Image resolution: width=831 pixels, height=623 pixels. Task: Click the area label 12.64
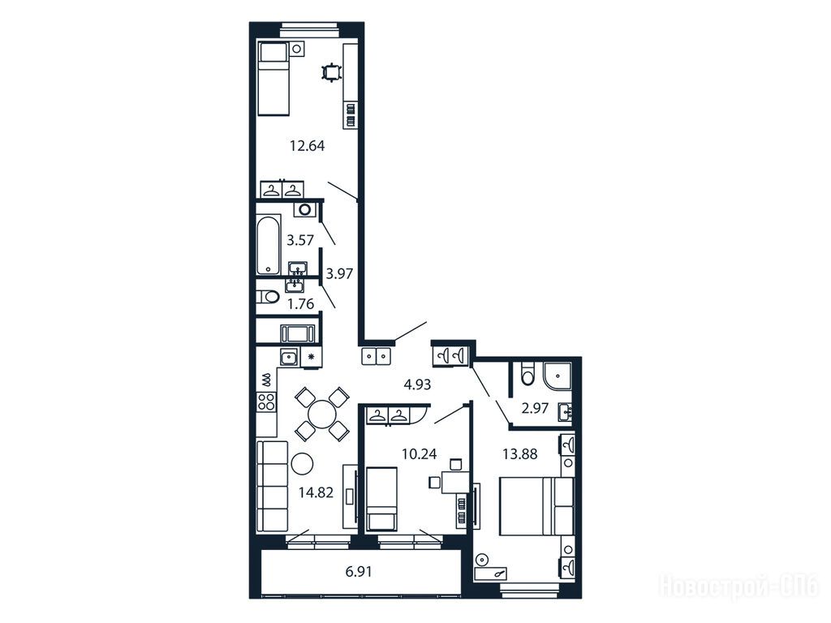point(307,146)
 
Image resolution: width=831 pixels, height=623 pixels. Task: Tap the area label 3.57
point(300,240)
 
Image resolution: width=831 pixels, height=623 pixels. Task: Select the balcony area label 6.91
point(359,572)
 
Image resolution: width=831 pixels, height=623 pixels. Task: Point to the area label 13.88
point(520,454)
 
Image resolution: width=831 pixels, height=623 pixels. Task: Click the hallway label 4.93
point(418,385)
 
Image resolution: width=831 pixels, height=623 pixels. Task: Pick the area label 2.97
point(535,409)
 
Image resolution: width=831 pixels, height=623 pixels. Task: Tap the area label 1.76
point(300,304)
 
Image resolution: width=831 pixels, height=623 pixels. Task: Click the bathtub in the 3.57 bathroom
point(268,244)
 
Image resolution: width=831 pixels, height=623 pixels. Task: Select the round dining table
point(321,413)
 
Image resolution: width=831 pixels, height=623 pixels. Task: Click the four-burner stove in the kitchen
point(266,401)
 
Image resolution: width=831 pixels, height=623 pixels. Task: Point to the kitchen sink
point(289,358)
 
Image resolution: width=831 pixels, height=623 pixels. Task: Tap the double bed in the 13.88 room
point(536,506)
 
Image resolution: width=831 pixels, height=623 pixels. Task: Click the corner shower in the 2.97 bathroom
point(557,376)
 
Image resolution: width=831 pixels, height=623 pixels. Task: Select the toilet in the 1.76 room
point(268,297)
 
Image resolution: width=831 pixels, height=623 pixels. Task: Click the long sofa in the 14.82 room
point(272,486)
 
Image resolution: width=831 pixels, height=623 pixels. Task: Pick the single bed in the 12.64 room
point(273,79)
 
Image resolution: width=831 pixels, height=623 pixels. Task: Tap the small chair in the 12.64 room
point(332,72)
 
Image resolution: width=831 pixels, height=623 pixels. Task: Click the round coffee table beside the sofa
point(302,464)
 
